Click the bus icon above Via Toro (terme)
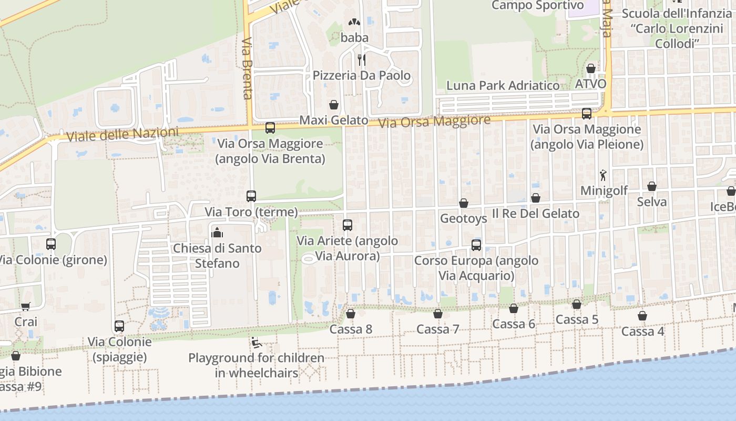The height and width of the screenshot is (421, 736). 251,196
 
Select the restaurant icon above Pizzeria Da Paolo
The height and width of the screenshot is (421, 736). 362,59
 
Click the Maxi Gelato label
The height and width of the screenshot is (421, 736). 334,121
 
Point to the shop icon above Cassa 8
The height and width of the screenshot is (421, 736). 351,314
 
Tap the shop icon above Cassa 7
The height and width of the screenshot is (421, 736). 438,314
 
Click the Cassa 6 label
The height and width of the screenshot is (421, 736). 514,324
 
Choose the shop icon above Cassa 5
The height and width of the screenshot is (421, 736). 577,304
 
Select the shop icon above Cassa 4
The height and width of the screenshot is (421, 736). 642,316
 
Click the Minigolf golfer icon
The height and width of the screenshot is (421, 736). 604,175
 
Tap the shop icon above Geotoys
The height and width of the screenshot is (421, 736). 464,203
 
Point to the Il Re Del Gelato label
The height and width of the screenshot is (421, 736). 535,214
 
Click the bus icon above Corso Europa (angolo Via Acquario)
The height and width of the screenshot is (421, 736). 476,245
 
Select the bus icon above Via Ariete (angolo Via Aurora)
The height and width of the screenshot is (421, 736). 347,225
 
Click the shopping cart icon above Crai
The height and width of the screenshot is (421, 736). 25,306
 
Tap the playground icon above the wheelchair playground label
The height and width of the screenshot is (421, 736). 256,343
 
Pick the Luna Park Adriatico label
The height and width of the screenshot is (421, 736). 503,85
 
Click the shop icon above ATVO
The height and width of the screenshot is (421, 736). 591,68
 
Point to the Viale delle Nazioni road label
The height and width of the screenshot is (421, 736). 122,134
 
